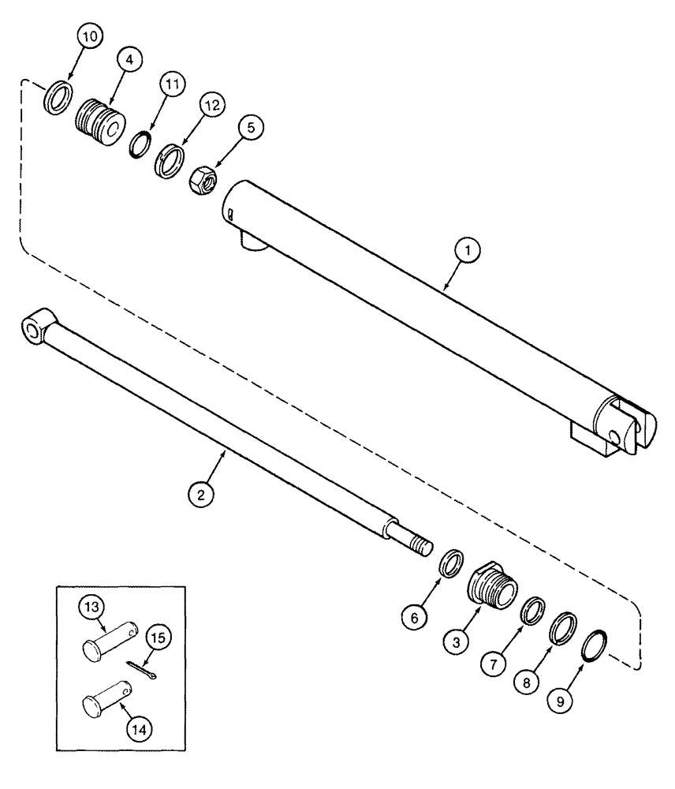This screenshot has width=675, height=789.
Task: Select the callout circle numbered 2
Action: tap(201, 495)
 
